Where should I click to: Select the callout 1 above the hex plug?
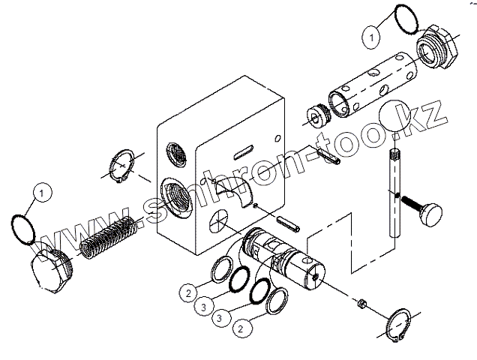click(43, 193)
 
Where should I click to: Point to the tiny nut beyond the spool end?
click(361, 304)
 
